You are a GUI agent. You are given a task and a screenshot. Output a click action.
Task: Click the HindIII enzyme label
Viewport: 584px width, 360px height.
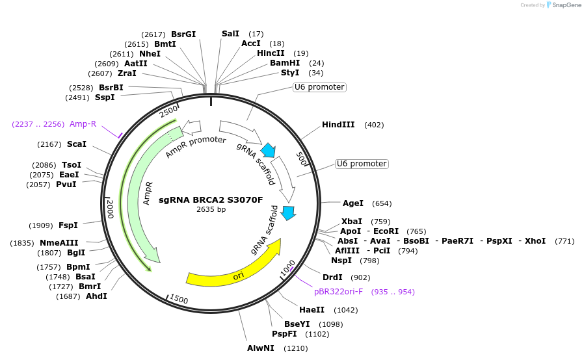[338, 125]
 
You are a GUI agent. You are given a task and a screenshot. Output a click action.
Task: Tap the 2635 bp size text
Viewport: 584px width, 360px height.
[211, 209]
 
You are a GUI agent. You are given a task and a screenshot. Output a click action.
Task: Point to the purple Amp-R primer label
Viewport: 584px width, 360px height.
[83, 124]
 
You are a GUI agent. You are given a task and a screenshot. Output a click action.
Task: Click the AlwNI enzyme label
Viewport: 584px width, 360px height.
[260, 348]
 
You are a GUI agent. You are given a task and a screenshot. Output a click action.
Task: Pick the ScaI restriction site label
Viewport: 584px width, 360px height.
[76, 144]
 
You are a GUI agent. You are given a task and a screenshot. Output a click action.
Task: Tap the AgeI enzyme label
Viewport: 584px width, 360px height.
[353, 203]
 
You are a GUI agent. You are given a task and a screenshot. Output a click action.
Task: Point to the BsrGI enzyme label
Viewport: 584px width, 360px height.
[183, 34]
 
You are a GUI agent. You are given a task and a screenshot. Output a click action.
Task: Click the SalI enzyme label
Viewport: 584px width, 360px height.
[230, 34]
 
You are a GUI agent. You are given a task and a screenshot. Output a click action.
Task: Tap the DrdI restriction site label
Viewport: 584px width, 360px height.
[332, 277]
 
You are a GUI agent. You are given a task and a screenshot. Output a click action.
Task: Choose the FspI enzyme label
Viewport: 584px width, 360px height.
[68, 225]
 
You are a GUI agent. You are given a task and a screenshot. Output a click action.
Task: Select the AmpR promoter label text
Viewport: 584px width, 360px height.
[195, 147]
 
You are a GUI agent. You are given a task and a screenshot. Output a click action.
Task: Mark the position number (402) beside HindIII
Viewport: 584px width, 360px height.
[374, 125]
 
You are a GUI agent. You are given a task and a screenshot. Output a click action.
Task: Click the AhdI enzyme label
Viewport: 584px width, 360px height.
[96, 296]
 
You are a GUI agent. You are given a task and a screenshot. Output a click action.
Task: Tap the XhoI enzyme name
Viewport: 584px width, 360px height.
[535, 241]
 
